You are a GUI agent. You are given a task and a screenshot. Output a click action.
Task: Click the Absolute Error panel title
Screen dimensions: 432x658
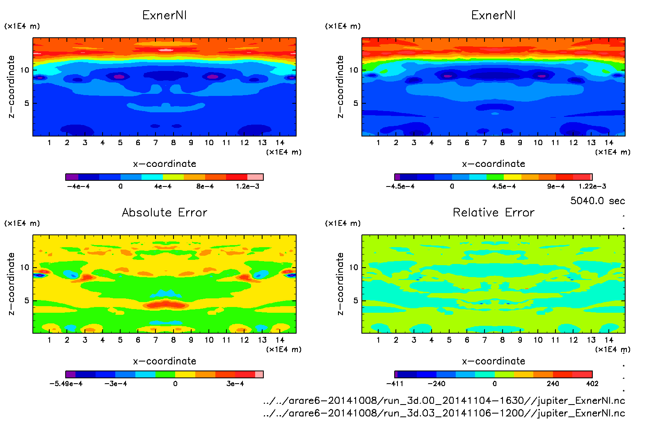point(164,212)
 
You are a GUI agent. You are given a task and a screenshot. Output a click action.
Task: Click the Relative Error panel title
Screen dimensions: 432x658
point(493,212)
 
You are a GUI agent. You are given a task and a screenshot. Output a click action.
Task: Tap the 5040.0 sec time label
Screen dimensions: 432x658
point(597,201)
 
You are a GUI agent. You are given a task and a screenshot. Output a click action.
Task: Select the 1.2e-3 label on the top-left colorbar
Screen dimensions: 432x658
point(247,186)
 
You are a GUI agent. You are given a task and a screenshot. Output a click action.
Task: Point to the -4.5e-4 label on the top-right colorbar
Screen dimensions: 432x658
point(400,186)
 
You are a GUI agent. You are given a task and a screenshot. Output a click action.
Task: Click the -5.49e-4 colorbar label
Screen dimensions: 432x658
point(66,384)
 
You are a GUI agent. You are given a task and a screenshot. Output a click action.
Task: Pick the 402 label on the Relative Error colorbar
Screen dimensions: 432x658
point(592,384)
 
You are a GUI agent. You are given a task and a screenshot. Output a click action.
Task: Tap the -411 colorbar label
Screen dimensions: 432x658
point(395,384)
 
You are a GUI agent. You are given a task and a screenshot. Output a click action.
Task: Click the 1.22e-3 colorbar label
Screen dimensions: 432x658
point(592,186)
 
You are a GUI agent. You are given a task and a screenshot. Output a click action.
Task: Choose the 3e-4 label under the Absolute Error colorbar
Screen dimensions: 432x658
point(235,384)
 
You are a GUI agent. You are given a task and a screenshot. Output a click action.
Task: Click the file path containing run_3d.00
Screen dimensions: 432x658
point(444,400)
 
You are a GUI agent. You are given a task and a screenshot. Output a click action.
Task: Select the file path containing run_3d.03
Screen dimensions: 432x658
point(444,413)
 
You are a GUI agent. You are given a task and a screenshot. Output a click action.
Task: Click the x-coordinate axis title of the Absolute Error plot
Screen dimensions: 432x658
point(164,361)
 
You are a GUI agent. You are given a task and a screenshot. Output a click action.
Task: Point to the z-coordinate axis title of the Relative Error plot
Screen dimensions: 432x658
point(340,284)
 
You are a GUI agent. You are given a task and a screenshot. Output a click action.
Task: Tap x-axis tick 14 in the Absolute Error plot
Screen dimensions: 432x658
point(280,340)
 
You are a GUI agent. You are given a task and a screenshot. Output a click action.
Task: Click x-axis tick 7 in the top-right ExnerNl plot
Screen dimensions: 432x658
point(484,143)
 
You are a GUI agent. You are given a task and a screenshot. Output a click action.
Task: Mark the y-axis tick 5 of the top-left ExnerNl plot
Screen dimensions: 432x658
point(27,103)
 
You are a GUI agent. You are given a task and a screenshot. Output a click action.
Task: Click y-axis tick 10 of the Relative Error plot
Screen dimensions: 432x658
point(354,267)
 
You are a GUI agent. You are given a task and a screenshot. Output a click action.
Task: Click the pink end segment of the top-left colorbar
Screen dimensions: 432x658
point(255,177)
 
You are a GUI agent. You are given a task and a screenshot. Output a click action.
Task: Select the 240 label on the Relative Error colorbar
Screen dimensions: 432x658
point(553,384)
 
